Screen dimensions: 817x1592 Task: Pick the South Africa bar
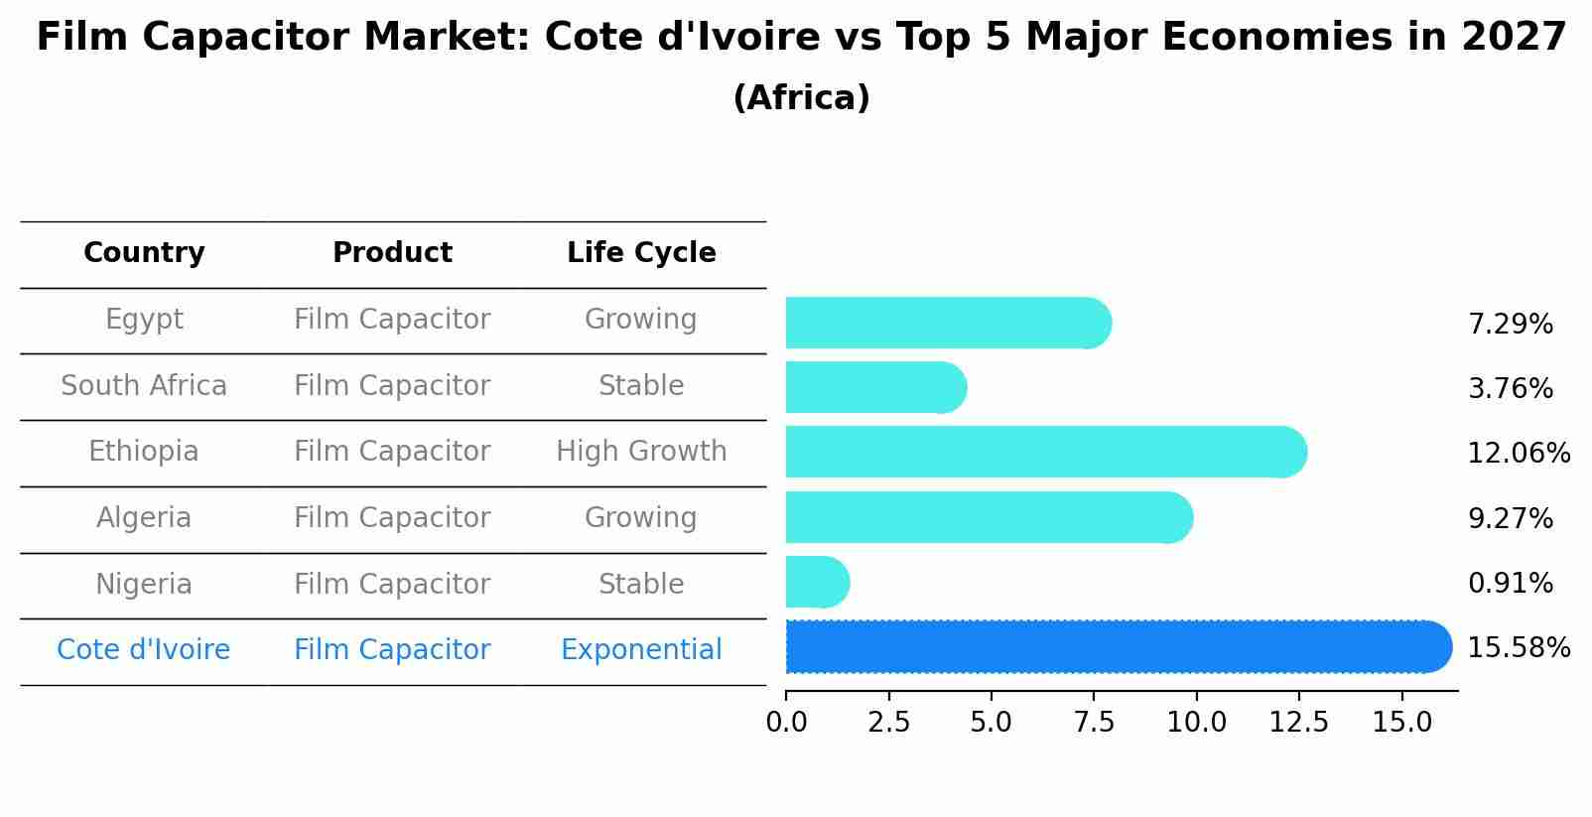[874, 388]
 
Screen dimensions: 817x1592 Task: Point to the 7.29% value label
[1510, 325]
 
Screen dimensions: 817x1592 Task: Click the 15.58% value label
[1518, 648]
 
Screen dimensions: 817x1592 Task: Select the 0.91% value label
[1510, 584]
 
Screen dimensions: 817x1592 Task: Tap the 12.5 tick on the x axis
[1298, 723]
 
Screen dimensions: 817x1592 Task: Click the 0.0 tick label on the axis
[786, 723]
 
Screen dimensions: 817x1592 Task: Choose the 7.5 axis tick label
[1094, 723]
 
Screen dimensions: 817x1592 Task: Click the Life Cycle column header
[641, 253]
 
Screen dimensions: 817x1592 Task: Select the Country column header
[144, 253]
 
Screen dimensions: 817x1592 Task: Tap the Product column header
[392, 253]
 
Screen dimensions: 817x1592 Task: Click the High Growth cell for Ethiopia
[641, 452]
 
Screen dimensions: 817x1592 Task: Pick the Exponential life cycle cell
[641, 650]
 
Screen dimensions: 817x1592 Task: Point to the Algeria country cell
[144, 518]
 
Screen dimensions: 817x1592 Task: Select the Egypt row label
[144, 320]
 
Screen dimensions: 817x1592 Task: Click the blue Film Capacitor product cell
[392, 650]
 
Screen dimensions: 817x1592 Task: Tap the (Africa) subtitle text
[801, 98]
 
